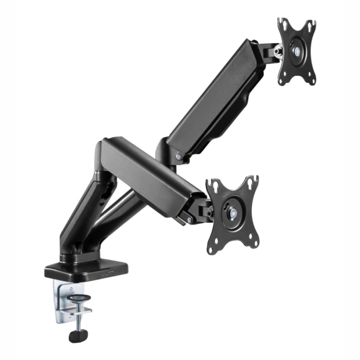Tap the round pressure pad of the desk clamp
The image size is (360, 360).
[78, 299]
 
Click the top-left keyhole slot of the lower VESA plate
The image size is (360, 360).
[213, 186]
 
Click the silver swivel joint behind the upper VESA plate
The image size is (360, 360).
[277, 51]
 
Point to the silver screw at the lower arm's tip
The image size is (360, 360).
[190, 220]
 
